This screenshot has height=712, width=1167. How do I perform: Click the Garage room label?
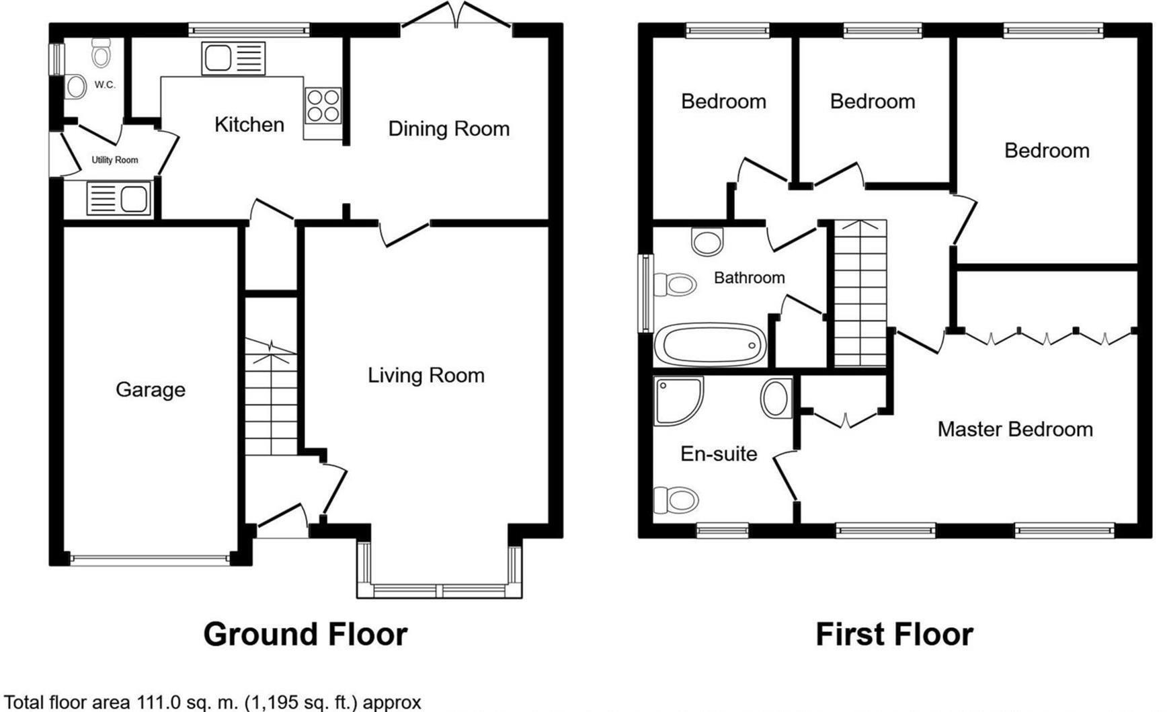[x=150, y=389]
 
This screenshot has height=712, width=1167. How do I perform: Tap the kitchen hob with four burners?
[x=323, y=106]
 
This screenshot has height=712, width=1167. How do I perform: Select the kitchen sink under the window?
[x=233, y=58]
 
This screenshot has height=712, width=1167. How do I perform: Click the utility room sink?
[x=118, y=199]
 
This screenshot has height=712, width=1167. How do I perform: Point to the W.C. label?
[x=105, y=85]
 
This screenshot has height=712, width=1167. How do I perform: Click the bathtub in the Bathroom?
[x=711, y=345]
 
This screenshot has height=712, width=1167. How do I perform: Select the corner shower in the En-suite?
[x=678, y=401]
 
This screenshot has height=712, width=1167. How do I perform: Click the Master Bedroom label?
[x=1014, y=429]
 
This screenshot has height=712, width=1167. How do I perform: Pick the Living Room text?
[x=426, y=375]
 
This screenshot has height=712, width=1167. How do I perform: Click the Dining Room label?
[x=448, y=128]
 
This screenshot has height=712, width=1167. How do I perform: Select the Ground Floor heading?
[x=305, y=634]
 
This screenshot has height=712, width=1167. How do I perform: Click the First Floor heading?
[x=893, y=634]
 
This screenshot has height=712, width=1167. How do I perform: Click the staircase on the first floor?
[x=860, y=294]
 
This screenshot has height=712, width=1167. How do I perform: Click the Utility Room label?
[x=115, y=160]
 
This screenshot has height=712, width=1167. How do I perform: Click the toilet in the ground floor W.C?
[x=101, y=52]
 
